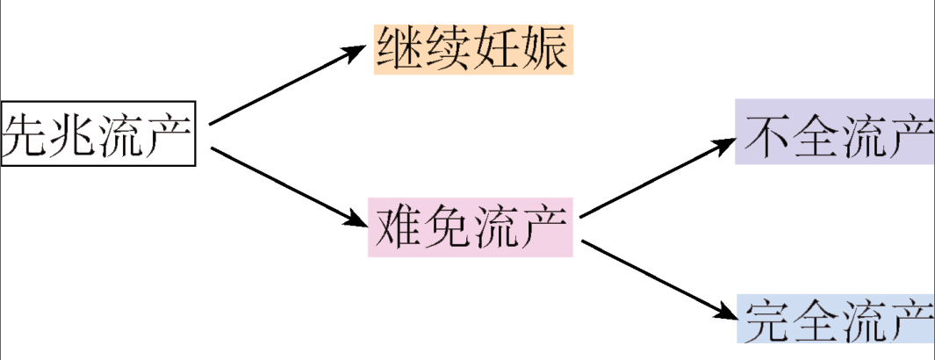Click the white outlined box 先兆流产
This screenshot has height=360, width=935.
click(97, 133)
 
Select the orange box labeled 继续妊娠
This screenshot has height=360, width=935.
click(473, 49)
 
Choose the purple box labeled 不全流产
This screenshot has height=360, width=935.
click(834, 138)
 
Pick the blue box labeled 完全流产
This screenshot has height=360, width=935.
click(834, 319)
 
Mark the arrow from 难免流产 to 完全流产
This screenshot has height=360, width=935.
click(658, 277)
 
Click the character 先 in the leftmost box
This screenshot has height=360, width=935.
click(26, 134)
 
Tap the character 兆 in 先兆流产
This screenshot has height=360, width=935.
click(74, 134)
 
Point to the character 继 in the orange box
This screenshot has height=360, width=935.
click(399, 49)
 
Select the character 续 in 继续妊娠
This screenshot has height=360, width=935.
click(449, 49)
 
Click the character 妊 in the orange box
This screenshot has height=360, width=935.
click(498, 49)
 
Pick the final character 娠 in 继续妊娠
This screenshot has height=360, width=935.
click(547, 49)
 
